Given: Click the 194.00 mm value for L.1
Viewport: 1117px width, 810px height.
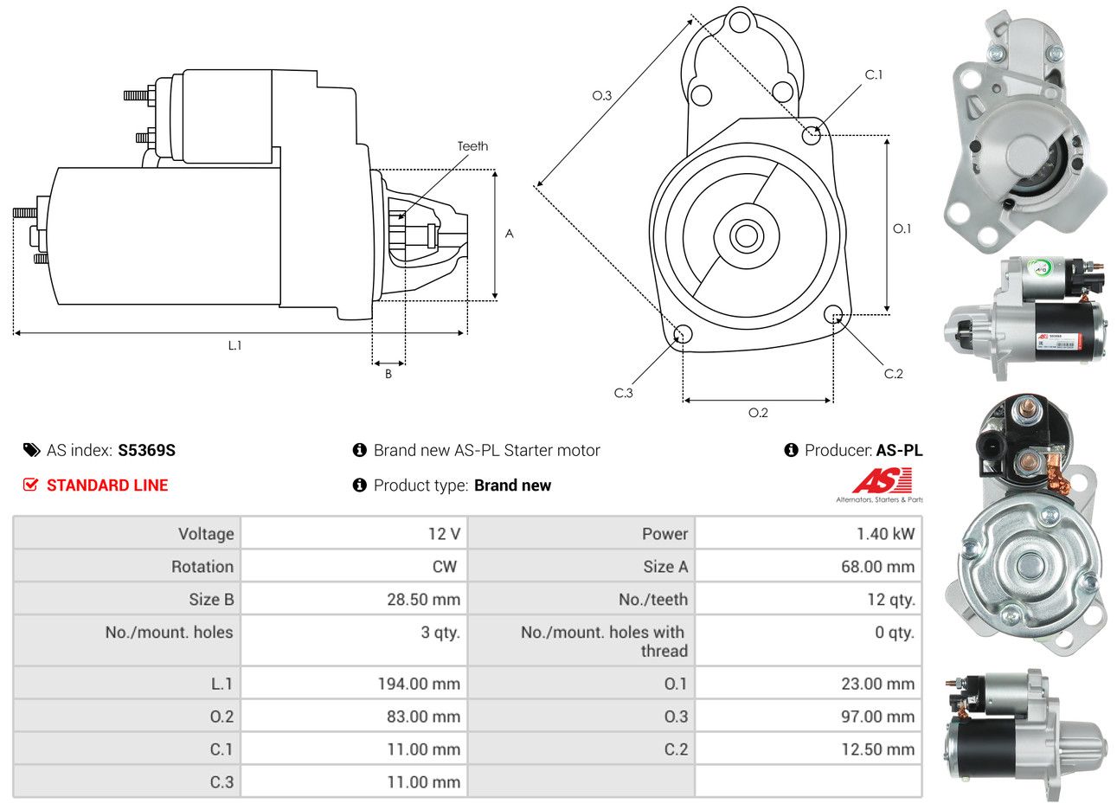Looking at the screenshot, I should (418, 684).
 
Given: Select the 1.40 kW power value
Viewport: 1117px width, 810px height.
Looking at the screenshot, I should (885, 534).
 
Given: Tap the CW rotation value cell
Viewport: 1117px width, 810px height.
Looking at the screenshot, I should (444, 567).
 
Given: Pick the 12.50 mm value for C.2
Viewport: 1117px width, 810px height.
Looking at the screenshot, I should (877, 749).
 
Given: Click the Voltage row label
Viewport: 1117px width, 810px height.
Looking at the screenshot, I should (206, 534).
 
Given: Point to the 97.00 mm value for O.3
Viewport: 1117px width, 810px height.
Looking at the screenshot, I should (877, 717).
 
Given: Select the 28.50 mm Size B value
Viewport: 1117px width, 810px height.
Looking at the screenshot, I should (423, 600).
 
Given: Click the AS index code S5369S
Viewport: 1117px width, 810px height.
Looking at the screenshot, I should (147, 450).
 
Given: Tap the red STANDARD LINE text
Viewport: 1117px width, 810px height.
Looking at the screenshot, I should (107, 485).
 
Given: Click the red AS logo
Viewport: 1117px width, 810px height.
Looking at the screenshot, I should (881, 480).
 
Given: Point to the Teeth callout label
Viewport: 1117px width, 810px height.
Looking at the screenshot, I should (472, 146).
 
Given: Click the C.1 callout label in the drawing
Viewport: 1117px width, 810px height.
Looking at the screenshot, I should (874, 75).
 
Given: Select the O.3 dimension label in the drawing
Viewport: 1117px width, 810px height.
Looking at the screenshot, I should (602, 95).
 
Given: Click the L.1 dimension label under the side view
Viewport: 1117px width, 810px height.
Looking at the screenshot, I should (234, 345).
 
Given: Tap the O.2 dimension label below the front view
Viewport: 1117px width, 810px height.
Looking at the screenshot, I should (758, 413).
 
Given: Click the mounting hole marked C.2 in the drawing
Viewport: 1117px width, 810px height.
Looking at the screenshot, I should (833, 313).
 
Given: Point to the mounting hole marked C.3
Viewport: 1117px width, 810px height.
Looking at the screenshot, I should (682, 334).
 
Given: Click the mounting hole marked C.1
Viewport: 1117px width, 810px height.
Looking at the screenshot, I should (812, 135).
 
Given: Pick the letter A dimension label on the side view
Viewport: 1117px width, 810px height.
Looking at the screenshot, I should (509, 234).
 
